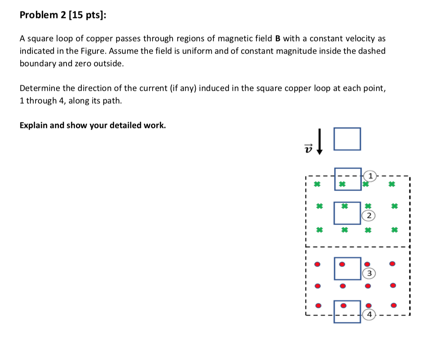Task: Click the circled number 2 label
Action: coord(369,215)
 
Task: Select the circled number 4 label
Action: coord(369,314)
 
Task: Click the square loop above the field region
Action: coord(347,139)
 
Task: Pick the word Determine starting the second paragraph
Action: coord(38,88)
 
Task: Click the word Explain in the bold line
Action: coord(33,125)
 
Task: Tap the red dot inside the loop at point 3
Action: coord(342,264)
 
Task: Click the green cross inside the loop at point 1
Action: coord(342,183)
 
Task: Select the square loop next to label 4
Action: coord(347,311)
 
